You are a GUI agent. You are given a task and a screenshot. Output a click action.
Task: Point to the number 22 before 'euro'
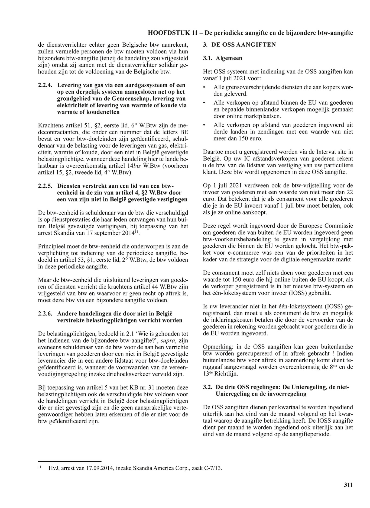click(350, 192)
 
